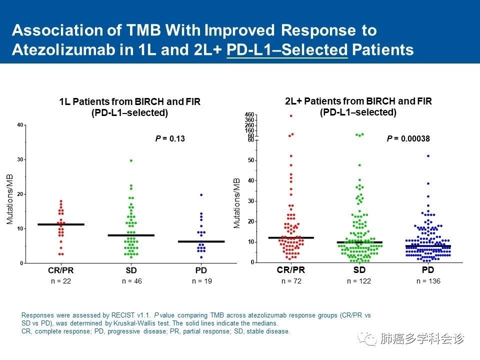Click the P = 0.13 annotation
[170, 138]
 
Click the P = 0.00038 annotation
[408, 138]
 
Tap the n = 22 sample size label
[61, 281]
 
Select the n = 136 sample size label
[428, 281]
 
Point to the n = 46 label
[132, 281]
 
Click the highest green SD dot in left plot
[131, 160]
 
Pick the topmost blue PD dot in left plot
[201, 195]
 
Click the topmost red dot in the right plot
[291, 116]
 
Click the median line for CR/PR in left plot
[61, 224]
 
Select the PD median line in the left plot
[201, 241]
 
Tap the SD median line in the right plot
[359, 242]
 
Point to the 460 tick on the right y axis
[249, 115]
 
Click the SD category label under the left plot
[131, 270]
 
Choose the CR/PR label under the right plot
[290, 270]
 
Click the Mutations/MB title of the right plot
[237, 203]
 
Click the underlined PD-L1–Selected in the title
[286, 50]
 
